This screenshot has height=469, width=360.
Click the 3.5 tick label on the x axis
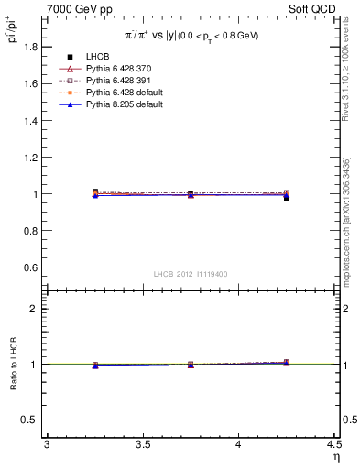point(142,445)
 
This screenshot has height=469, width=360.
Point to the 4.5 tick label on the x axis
point(333,445)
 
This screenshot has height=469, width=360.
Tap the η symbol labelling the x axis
point(335,457)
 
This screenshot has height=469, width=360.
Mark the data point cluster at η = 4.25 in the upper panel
point(286,195)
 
